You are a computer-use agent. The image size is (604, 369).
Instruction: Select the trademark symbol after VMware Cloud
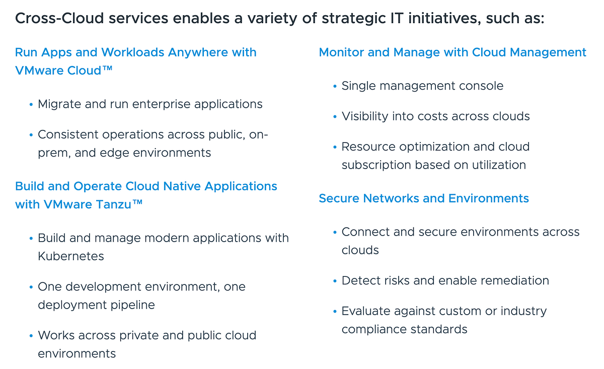coord(107,69)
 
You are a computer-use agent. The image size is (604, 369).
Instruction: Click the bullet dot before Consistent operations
coord(31,135)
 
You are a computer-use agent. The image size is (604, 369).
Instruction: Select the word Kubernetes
coord(71,256)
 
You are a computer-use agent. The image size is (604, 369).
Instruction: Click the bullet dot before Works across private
coord(31,336)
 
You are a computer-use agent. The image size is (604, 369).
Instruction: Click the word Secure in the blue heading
coord(338,198)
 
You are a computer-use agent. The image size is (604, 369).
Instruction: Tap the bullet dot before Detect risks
coord(335,281)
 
